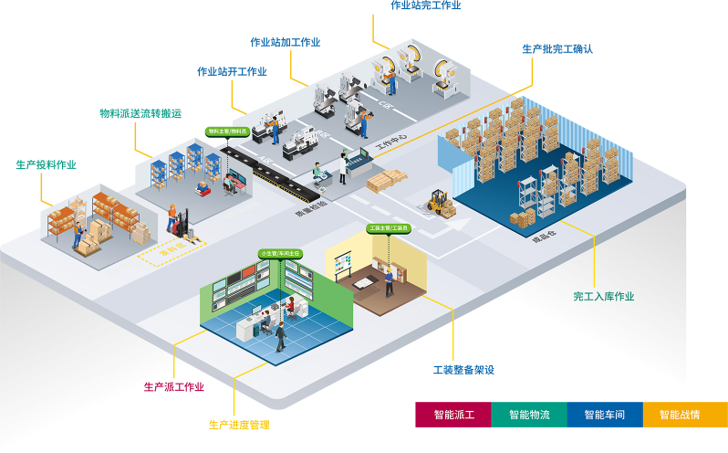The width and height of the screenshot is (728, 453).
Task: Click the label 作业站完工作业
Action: coord(425,5)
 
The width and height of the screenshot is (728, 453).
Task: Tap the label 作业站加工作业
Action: coord(286,42)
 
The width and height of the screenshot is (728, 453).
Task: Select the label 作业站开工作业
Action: coord(232,71)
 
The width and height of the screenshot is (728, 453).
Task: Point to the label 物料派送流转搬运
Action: coord(140,113)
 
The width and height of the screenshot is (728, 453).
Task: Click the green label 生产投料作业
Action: coord(47,164)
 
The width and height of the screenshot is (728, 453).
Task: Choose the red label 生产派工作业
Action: coord(174,386)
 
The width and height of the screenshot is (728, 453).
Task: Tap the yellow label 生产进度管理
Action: coord(239,425)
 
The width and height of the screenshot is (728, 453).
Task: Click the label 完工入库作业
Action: coord(603,296)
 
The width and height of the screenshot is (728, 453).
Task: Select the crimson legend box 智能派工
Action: coord(453,415)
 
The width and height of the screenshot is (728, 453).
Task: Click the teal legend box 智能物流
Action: coord(529,415)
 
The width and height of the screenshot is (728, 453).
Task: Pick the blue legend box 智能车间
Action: coord(605,415)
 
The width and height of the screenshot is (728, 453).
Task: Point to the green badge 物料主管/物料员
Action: coord(227,132)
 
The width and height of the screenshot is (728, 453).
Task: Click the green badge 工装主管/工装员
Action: coord(388,228)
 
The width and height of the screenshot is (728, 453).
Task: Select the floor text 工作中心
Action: coord(392,143)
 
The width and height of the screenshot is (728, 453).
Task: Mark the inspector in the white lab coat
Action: coord(344,166)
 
